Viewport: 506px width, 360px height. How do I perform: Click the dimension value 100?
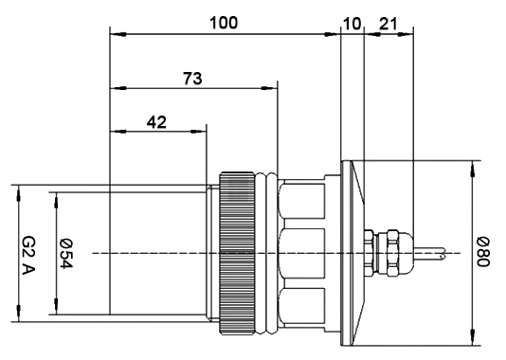[x=224, y=23]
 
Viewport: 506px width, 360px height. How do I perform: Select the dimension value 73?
[x=192, y=79]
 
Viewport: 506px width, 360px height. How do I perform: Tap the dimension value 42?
[x=156, y=122]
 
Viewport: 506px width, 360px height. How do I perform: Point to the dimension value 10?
[x=352, y=25]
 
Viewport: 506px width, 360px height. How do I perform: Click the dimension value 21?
[x=389, y=24]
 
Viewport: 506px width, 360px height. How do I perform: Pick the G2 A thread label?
[x=28, y=255]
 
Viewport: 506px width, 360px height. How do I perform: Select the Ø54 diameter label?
[x=66, y=254]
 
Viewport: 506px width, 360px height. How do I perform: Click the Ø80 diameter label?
[x=483, y=252]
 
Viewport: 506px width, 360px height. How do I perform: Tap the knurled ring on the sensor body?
[x=237, y=253]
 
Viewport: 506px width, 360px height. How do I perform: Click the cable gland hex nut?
[x=392, y=253]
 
